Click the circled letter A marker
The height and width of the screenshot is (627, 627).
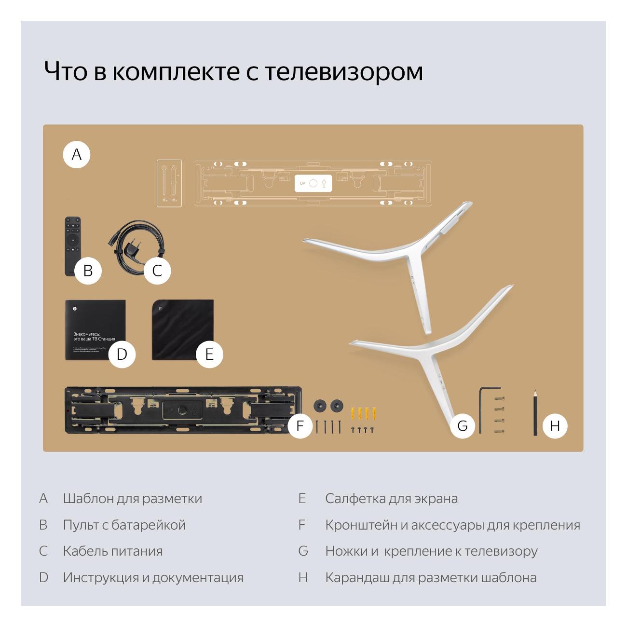point(77,154)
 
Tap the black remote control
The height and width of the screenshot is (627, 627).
point(72,241)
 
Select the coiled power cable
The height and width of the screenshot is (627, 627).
point(135,246)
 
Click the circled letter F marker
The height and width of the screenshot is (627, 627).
point(300,425)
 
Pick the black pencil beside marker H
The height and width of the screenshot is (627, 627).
point(535,412)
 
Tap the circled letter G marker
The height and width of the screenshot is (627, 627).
point(462,425)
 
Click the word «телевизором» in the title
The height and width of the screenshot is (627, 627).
point(343,71)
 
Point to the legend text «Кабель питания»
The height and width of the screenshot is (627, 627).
point(112,551)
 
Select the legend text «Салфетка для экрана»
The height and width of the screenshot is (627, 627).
point(391,498)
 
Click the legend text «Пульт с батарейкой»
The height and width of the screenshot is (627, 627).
point(124,525)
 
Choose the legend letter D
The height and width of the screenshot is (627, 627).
point(43,577)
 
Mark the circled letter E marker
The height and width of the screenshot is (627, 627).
point(209,354)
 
